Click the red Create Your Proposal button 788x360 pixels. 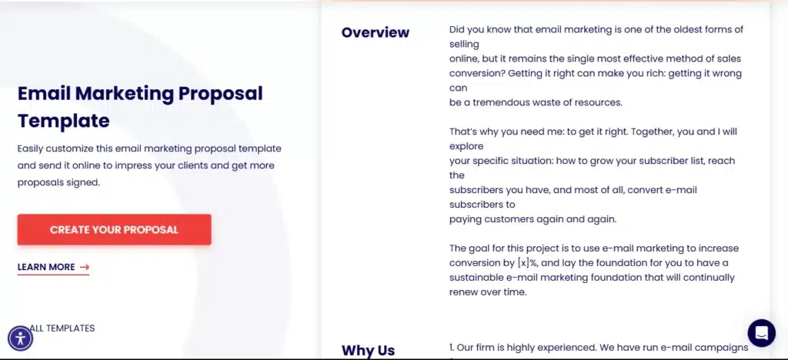[x=114, y=229]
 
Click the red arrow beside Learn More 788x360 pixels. [x=85, y=267]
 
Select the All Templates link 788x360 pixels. [x=62, y=328]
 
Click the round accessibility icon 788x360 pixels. [x=21, y=338]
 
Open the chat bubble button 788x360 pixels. [x=761, y=333]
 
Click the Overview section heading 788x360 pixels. [x=376, y=32]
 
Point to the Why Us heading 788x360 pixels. [x=369, y=350]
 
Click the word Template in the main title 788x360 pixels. [x=64, y=121]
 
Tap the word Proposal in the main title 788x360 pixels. [x=221, y=93]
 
